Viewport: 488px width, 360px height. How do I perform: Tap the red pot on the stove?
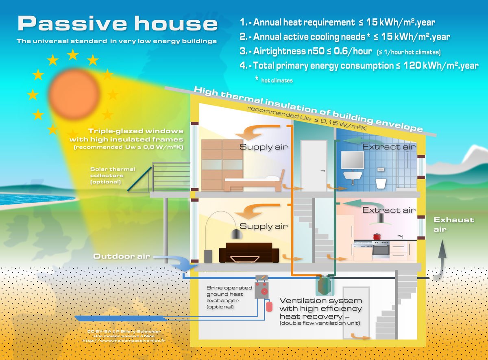(377, 236)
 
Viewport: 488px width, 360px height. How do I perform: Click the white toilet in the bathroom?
(381, 183)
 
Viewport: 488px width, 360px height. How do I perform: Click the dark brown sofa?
(248, 252)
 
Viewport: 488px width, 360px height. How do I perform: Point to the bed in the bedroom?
(252, 183)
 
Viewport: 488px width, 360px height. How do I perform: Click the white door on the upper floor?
(314, 160)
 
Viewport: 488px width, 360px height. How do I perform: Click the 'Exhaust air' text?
(453, 224)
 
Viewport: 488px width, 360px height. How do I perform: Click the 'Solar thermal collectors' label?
(113, 175)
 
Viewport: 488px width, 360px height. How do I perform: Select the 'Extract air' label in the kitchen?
(389, 210)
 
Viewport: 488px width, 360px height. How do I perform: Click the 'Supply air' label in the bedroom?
(264, 147)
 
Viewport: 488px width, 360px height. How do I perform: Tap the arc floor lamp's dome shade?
(235, 234)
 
